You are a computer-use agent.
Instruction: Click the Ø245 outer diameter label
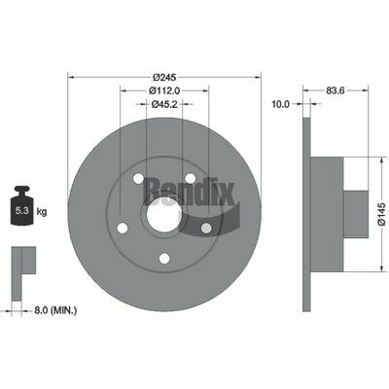(x=164, y=78)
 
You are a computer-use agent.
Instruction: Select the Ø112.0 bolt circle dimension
(x=164, y=90)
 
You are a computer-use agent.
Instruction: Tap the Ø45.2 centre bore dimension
(x=164, y=104)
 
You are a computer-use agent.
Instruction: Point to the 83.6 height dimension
(x=336, y=91)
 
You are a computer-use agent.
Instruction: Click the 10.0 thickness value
(x=280, y=104)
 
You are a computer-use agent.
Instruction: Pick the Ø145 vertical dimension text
(x=381, y=214)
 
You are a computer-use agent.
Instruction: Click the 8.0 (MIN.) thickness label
(x=55, y=310)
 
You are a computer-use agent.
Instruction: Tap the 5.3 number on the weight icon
(x=22, y=211)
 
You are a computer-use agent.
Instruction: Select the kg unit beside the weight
(x=42, y=212)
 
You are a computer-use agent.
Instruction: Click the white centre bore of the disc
(x=163, y=216)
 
